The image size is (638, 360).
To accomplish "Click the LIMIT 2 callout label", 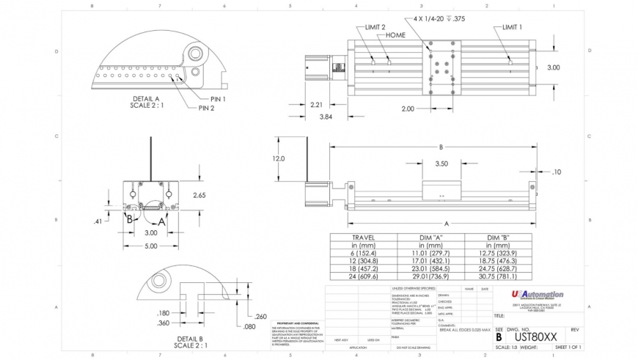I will tap(375, 27).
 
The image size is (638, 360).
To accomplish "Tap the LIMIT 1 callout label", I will tap(512, 27).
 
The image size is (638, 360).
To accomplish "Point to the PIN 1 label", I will tap(219, 98).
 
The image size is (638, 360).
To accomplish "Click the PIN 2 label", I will tap(206, 109).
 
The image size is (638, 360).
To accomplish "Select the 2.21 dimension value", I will tap(317, 105).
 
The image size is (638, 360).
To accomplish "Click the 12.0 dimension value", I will tap(279, 158).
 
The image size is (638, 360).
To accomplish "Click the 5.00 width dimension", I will tap(150, 246).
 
